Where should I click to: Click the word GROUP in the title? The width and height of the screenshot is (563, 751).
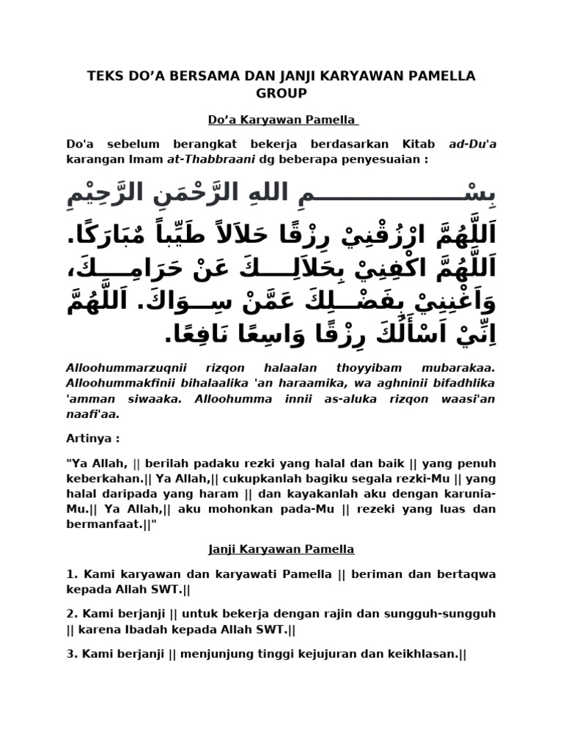[281, 93]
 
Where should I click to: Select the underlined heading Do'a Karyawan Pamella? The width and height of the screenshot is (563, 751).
[281, 119]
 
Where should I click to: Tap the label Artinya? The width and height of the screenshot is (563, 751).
[92, 438]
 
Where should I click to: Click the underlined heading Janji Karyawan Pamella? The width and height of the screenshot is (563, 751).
[281, 549]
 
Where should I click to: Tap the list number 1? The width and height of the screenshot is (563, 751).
[70, 574]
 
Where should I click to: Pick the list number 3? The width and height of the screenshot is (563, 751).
[70, 653]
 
